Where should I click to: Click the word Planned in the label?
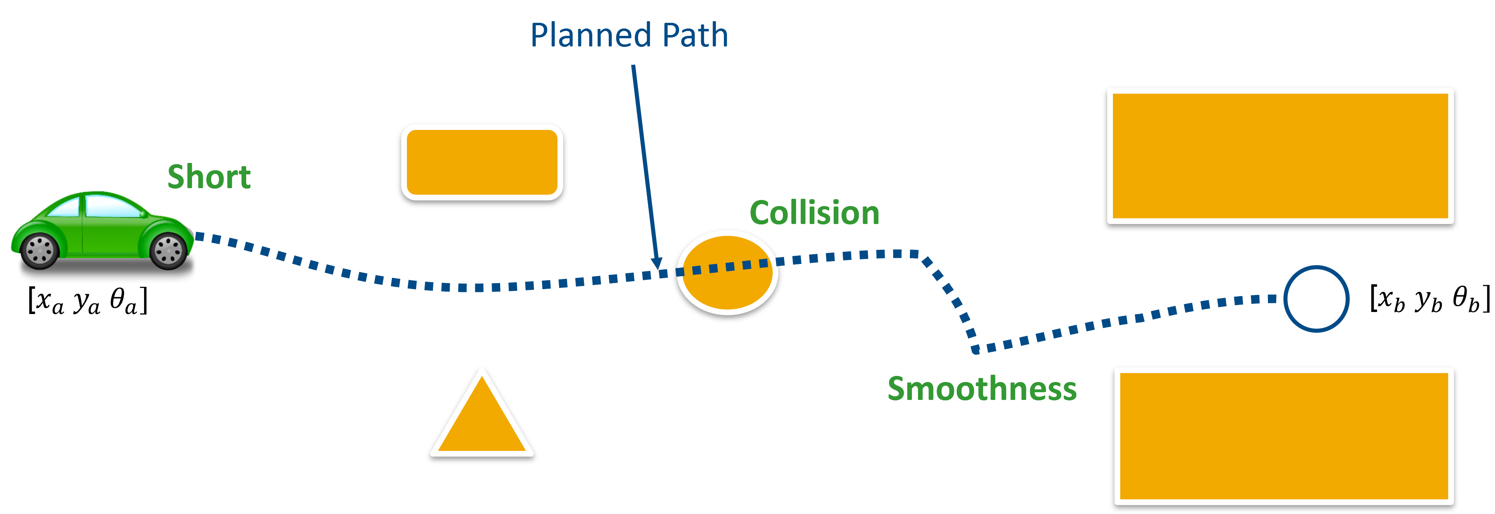592,36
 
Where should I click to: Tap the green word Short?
209,177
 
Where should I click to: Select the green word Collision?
814,213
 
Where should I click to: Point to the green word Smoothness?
982,389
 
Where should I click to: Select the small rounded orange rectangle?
482,163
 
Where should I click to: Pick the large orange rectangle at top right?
1280,156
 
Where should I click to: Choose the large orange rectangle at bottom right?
1284,435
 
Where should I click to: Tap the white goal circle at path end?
1316,299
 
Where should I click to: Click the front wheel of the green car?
169,251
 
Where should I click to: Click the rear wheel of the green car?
40,250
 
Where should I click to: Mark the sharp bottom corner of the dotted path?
976,349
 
